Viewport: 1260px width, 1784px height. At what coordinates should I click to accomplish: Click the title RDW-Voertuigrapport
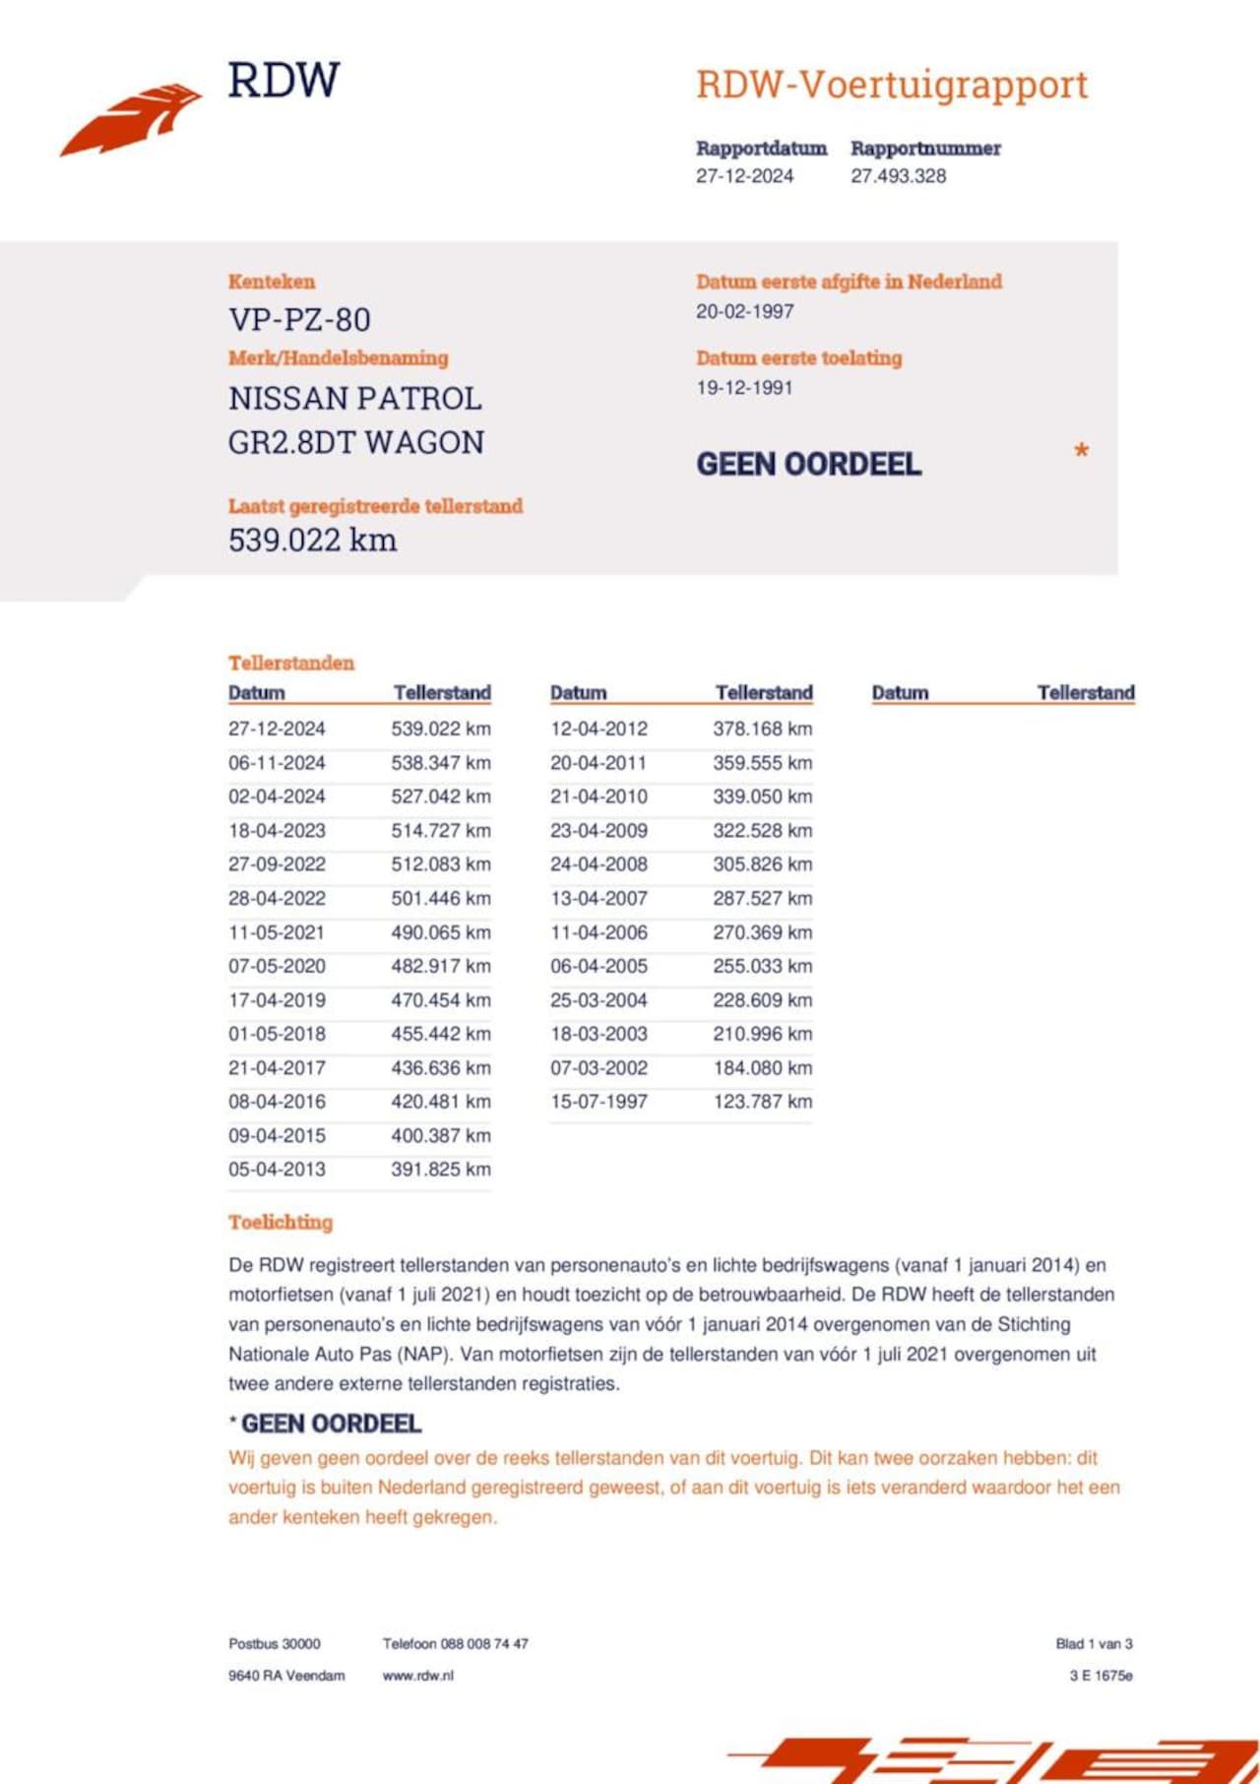coord(892,85)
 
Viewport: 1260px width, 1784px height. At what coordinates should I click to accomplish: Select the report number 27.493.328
coord(898,176)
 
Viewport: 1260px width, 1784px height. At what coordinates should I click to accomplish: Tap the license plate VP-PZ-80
coord(299,320)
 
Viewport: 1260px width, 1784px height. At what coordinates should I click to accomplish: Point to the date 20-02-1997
coord(744,311)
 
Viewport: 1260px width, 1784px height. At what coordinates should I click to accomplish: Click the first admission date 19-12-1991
coord(744,388)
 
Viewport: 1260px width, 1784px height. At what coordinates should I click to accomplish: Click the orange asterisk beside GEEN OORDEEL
coord(1081,452)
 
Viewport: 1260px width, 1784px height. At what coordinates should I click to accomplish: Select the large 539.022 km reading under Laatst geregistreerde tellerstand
coord(312,540)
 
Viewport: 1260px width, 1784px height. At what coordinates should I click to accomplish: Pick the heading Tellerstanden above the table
coord(291,663)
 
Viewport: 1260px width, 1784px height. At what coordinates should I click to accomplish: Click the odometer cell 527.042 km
coord(440,796)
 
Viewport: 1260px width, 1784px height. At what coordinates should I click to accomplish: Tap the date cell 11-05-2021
coord(277,932)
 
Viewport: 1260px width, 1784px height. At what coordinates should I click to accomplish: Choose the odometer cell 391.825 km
coord(440,1170)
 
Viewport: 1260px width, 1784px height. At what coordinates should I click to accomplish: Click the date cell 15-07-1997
coord(598,1102)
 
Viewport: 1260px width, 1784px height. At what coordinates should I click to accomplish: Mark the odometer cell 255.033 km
coord(762,966)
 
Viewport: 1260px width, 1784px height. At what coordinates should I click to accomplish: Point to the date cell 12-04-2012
coord(598,729)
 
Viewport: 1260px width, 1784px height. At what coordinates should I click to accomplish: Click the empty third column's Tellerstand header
coord(1086,692)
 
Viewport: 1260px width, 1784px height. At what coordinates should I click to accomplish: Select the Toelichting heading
coord(281,1222)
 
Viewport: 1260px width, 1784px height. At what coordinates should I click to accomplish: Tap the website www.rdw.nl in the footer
coord(418,1675)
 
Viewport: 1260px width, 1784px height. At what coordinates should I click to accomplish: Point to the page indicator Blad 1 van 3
coord(1094,1643)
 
